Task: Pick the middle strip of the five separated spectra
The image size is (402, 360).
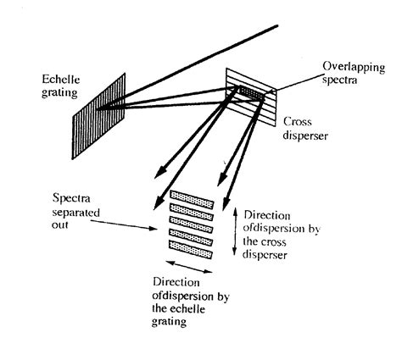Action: (x=191, y=221)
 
